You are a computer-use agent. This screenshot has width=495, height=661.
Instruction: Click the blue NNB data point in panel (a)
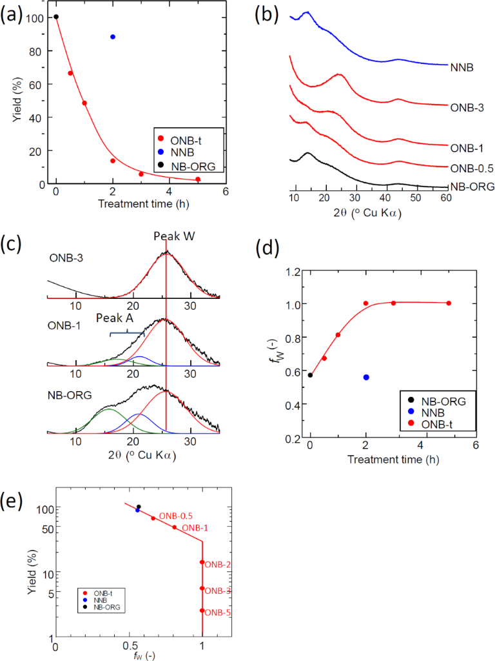tap(113, 37)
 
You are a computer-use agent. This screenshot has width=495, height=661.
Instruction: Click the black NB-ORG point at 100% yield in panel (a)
tap(56, 17)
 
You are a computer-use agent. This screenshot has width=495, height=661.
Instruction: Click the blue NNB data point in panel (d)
tap(366, 377)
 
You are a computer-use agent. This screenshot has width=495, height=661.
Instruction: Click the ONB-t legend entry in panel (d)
tap(432, 423)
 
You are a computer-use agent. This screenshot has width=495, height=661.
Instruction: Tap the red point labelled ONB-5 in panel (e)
tap(202, 610)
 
